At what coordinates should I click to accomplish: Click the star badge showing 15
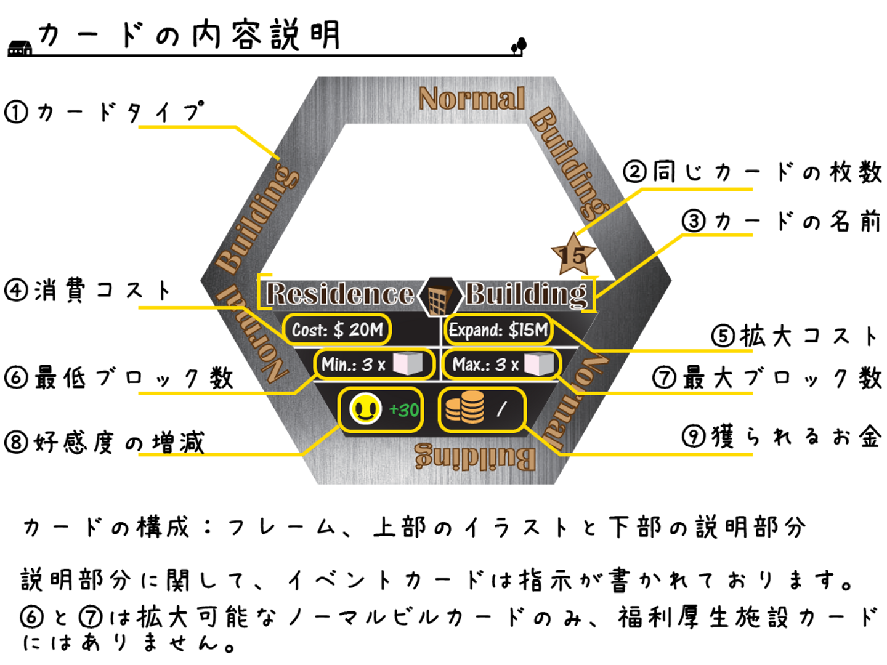[573, 254]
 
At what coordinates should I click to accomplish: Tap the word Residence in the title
[340, 294]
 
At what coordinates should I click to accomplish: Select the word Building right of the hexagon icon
[526, 294]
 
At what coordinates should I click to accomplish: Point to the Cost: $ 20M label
[337, 330]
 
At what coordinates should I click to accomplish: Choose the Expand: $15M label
[498, 330]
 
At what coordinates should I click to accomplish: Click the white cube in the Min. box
[407, 364]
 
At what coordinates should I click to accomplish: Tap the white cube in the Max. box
[539, 364]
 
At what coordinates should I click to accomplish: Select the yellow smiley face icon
[365, 409]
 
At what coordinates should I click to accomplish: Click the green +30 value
[404, 409]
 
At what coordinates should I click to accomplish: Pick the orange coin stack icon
[464, 408]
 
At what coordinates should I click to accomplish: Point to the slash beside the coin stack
[501, 408]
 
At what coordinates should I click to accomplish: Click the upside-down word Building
[475, 457]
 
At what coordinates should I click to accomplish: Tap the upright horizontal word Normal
[472, 99]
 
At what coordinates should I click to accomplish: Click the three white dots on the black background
[16, 52]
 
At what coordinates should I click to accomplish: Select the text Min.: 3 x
[353, 365]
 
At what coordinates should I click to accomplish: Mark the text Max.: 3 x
[485, 365]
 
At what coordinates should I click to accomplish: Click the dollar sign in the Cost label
[338, 330]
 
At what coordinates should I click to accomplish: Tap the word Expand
[476, 331]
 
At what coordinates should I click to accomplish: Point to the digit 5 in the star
[578, 255]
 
